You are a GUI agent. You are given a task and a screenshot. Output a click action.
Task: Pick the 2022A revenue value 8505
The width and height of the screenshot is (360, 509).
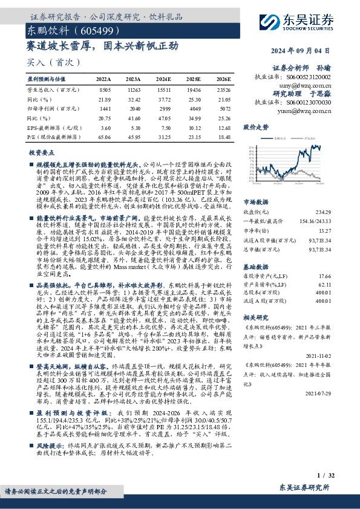click(103, 89)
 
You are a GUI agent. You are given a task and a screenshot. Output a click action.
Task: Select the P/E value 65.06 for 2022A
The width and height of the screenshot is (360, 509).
click(103, 138)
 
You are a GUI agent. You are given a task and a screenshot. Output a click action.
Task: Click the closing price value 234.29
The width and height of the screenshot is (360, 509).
click(323, 211)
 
